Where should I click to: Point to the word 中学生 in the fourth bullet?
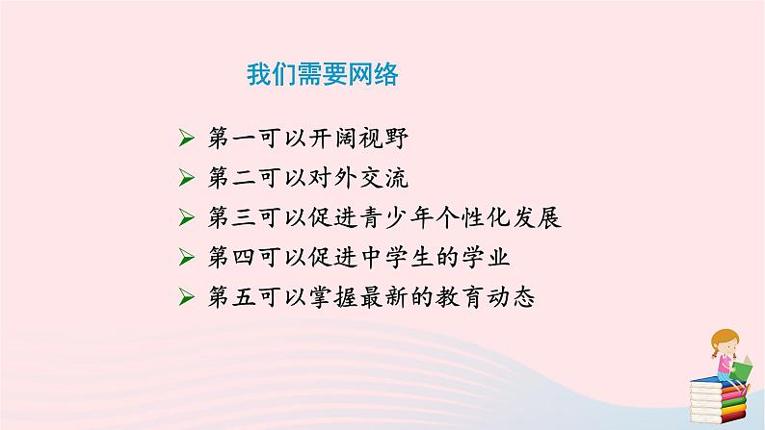coord(411,258)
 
